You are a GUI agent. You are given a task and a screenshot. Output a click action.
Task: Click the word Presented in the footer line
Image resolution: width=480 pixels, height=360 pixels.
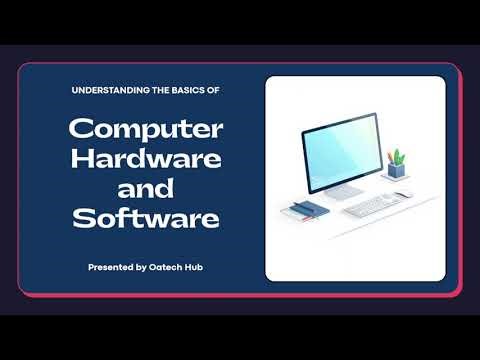pos(112,267)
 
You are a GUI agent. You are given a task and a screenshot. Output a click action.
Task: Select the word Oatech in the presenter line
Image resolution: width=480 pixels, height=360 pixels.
pos(172,267)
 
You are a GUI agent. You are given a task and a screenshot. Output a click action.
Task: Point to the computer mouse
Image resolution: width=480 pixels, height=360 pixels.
pos(403,195)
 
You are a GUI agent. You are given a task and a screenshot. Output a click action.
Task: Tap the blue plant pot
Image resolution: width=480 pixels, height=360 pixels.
pos(399,172)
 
